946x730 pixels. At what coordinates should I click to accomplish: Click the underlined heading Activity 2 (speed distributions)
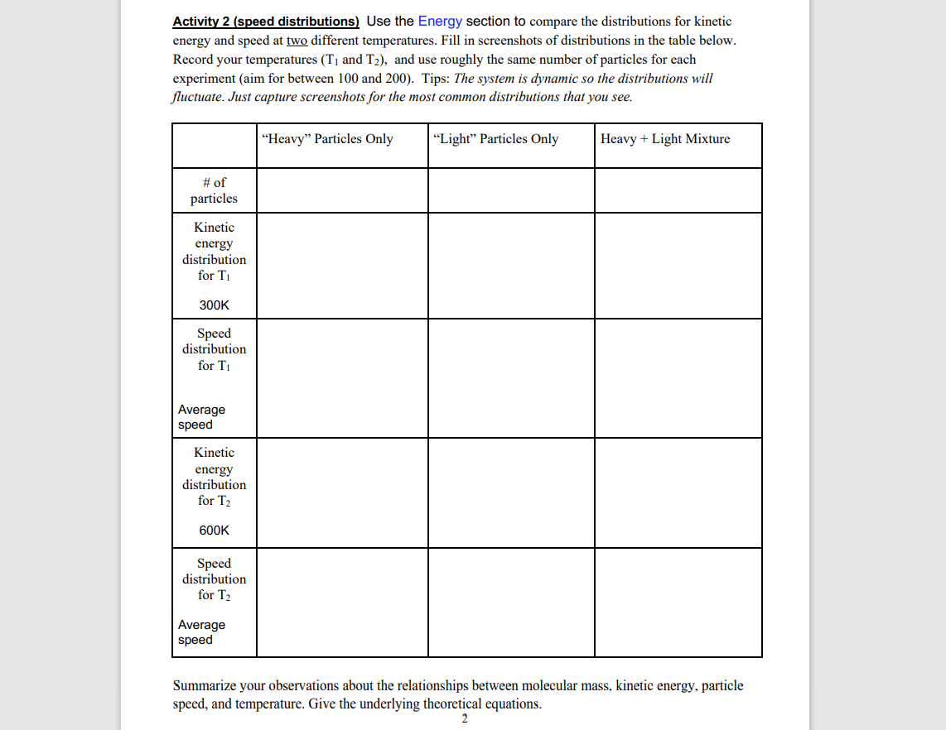pos(265,22)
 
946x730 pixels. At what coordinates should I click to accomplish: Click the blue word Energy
pos(440,22)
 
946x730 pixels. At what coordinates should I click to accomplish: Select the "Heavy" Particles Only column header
pos(327,139)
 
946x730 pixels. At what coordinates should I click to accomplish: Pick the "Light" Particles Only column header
pos(495,139)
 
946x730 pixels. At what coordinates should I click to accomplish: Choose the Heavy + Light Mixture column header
pos(665,139)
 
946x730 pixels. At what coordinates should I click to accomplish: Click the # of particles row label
pos(214,190)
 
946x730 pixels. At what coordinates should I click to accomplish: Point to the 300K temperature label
pos(214,305)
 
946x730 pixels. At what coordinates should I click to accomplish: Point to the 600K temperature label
pos(214,531)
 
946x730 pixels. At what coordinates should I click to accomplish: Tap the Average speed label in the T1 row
pos(201,417)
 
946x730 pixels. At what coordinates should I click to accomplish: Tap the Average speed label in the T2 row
pos(201,632)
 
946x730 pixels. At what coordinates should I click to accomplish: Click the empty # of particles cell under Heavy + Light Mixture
pos(678,190)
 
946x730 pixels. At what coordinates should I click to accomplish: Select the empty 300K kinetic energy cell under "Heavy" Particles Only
pos(342,266)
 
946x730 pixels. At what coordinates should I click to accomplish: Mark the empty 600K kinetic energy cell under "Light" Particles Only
pos(511,492)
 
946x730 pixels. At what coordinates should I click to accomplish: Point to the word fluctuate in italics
pos(195,97)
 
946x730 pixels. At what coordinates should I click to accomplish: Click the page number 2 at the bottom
pos(464,719)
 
